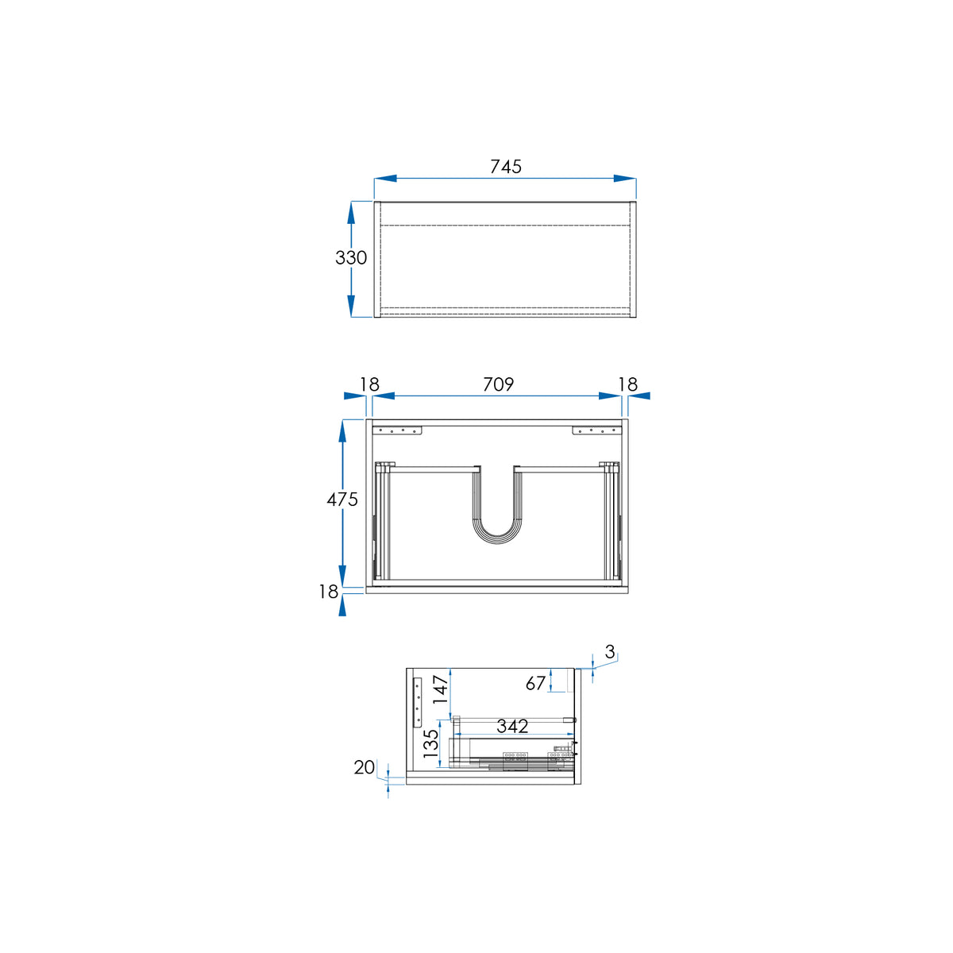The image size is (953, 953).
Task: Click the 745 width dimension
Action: pyautogui.click(x=505, y=167)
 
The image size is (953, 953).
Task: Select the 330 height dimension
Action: pyautogui.click(x=351, y=257)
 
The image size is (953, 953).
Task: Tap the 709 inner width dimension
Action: pyautogui.click(x=499, y=384)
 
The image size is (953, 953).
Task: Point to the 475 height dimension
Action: pyautogui.click(x=342, y=500)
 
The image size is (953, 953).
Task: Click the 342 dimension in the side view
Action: pyautogui.click(x=512, y=726)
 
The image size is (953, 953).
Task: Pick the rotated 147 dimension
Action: pyautogui.click(x=440, y=689)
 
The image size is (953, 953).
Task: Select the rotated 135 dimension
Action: pyautogui.click(x=430, y=743)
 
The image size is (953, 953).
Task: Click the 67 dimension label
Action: pyautogui.click(x=535, y=684)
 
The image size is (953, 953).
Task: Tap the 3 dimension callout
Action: pyautogui.click(x=610, y=652)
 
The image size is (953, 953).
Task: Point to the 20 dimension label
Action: pyautogui.click(x=365, y=767)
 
